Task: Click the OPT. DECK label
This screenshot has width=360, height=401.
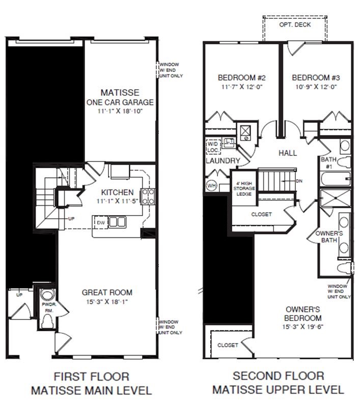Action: pyautogui.click(x=295, y=24)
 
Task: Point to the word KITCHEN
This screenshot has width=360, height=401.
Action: pyautogui.click(x=117, y=193)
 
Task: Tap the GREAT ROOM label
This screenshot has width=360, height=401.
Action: pyautogui.click(x=107, y=292)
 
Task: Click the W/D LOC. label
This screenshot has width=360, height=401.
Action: pyautogui.click(x=213, y=147)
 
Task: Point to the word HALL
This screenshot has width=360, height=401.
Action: pyautogui.click(x=288, y=153)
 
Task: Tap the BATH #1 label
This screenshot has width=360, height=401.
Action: pyautogui.click(x=327, y=163)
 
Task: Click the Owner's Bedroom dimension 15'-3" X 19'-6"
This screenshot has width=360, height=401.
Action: pyautogui.click(x=302, y=327)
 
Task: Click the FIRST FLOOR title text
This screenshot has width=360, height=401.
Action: pyautogui.click(x=91, y=377)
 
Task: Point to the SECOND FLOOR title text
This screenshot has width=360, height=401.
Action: pyautogui.click(x=278, y=377)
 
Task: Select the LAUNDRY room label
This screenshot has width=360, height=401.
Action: pyautogui.click(x=223, y=161)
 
